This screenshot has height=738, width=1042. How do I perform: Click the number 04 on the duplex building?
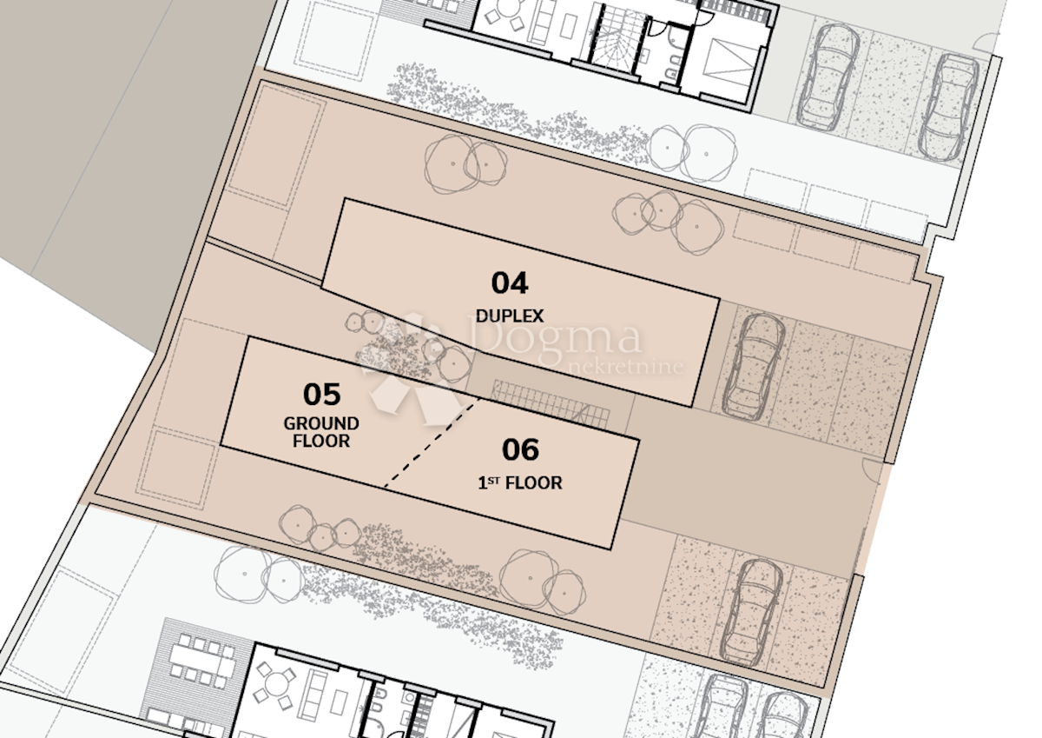point(510,283)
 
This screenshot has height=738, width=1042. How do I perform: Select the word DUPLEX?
point(510,316)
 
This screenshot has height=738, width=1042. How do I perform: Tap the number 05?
point(321,395)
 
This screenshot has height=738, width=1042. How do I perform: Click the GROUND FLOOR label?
point(321,432)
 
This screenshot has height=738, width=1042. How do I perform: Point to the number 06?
point(520,450)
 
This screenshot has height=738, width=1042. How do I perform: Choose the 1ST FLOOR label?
point(520,482)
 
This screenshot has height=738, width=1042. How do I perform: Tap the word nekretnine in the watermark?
point(625,367)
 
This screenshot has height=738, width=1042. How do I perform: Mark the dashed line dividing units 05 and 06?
point(431,443)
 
